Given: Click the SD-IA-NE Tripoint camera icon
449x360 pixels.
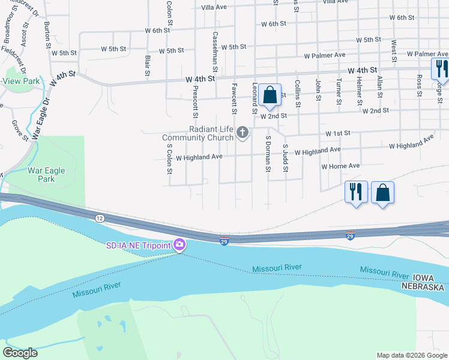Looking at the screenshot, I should click(179, 245).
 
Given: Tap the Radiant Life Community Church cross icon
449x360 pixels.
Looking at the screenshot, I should click(243, 132).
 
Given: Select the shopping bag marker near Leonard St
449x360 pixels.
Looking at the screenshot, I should click(270, 95).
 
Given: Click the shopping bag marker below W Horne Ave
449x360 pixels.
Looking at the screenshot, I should click(382, 193).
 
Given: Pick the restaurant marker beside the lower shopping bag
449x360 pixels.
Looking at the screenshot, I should click(356, 193).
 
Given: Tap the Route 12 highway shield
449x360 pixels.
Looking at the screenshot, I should click(100, 218).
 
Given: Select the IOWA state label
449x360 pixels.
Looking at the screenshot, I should click(427, 278).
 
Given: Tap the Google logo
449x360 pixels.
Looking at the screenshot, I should click(20, 353).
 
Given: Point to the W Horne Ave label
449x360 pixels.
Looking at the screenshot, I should click(340, 166).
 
